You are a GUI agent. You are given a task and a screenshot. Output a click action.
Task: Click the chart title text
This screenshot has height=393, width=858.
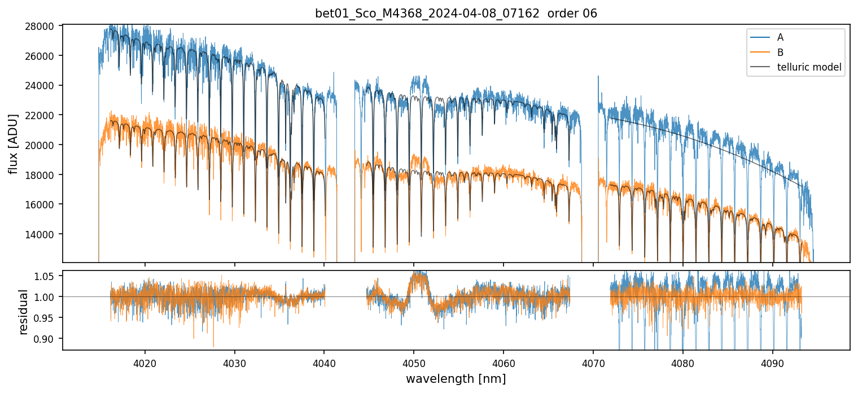point(456,14)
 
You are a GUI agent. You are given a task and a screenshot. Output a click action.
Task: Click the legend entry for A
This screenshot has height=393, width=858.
point(780,37)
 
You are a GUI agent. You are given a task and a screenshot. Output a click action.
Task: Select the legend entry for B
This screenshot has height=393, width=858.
point(780,53)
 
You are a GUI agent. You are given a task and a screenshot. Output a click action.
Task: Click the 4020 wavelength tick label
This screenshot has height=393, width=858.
point(145,361)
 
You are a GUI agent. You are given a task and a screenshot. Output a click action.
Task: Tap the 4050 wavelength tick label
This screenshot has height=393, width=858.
point(414,361)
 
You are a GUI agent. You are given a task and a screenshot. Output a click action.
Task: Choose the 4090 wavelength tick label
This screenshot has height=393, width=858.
point(772,361)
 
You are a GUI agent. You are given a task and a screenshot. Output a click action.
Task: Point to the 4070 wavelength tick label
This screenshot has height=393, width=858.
point(593,361)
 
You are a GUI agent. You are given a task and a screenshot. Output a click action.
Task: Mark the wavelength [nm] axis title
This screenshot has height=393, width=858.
point(456,378)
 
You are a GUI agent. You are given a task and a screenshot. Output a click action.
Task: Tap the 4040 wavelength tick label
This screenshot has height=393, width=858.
point(324,361)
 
